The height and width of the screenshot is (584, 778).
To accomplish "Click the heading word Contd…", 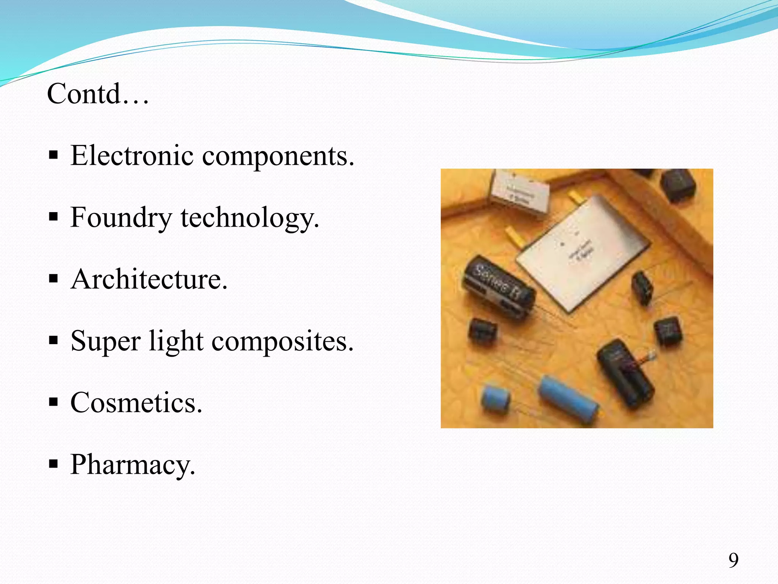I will coord(98,94).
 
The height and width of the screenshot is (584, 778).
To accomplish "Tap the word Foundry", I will coord(121,218).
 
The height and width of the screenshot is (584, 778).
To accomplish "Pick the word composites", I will coord(282,341).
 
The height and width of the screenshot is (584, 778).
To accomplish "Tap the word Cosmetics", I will coord(136,403).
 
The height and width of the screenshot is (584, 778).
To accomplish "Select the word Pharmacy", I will coord(133,465).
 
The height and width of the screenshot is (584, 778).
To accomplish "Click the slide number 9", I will coord(733,560).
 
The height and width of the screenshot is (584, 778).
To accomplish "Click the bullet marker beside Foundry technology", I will coord(54,217).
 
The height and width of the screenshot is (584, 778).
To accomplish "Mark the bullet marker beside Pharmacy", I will coord(54,464).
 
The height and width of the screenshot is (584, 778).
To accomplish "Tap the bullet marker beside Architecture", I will coord(54,279).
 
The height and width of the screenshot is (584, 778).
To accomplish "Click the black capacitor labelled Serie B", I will coord(498,286).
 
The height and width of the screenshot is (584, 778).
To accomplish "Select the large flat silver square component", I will coord(583,249).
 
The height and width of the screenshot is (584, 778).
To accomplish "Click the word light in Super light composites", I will coord(176,341).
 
